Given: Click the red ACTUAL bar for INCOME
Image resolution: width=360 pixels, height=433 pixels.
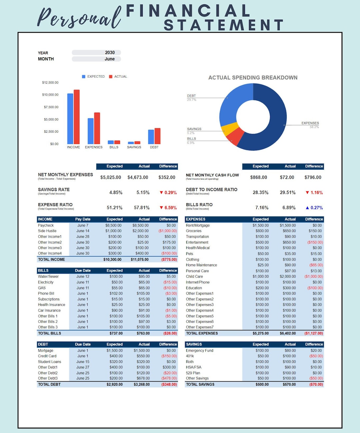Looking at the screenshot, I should [77, 117].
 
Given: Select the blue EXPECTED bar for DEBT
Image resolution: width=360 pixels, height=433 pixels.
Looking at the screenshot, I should [151, 137].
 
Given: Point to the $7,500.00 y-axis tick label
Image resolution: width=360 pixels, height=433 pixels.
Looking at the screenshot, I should [51, 107].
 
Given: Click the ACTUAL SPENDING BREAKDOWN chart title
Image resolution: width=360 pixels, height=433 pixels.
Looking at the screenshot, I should [253, 78].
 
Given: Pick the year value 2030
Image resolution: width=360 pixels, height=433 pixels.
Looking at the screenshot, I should [110, 53].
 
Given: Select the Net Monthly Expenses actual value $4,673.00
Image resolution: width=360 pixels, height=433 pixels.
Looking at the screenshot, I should [138, 177].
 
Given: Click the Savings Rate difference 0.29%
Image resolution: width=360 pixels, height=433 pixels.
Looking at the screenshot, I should [168, 193].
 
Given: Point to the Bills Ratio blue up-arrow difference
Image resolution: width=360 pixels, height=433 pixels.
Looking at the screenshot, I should [314, 208].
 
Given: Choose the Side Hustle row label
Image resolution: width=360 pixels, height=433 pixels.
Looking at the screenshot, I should [47, 231].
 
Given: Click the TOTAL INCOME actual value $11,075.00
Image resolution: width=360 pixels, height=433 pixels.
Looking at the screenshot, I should [140, 259].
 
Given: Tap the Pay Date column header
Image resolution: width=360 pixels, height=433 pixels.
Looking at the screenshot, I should [83, 219].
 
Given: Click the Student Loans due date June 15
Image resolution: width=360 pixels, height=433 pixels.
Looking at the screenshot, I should [83, 362].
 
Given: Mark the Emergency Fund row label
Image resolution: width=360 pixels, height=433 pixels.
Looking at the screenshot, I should [200, 351].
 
